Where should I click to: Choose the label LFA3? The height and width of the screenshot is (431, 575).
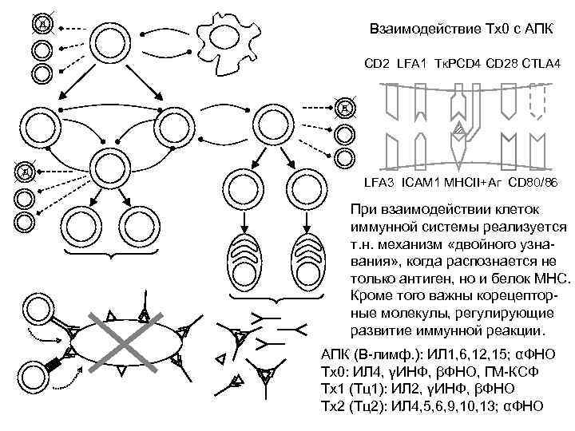tap(379, 184)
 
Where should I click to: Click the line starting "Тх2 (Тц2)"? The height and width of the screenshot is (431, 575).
tap(431, 406)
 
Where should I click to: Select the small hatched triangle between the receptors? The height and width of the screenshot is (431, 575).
tap(458, 127)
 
